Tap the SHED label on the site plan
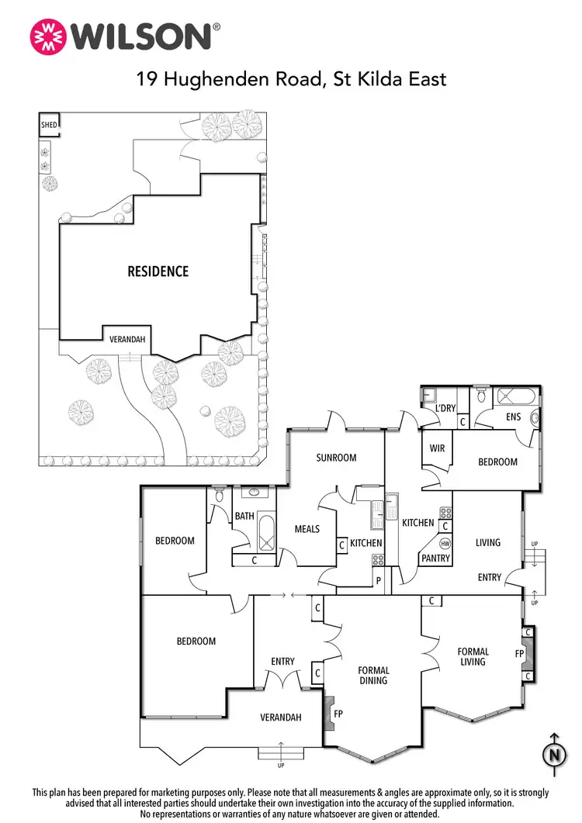pos(49,123)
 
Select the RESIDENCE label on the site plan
pos(158,271)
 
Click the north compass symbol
pos(553,753)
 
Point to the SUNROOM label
pos(336,458)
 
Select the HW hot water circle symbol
pos(445,544)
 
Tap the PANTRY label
pos(435,558)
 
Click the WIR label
pos(436,448)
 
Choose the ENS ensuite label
pos(513,417)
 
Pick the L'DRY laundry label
pos(445,407)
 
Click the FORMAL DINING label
pos(373,676)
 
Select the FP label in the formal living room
pos(519,653)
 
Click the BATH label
pos(244,516)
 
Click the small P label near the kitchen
pos(379,579)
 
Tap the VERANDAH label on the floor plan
pos(280,718)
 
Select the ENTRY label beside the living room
pos(489,577)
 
